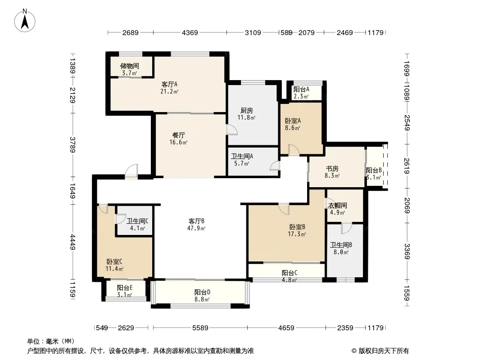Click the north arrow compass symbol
[25, 20]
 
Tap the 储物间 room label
[130, 66]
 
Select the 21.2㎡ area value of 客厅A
[169, 91]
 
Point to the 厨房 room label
[246, 110]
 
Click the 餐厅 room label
[178, 135]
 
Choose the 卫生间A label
[242, 156]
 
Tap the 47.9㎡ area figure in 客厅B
[196, 228]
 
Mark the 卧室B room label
[297, 227]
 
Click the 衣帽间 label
[337, 205]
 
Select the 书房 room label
[332, 169]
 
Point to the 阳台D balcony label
[202, 292]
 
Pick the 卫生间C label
[137, 221]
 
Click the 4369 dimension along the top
[190, 32]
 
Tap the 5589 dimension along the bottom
[200, 328]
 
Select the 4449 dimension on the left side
[72, 242]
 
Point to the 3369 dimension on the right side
[407, 251]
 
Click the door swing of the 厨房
[232, 130]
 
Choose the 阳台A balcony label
[301, 89]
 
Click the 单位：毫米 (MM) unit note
[51, 342]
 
